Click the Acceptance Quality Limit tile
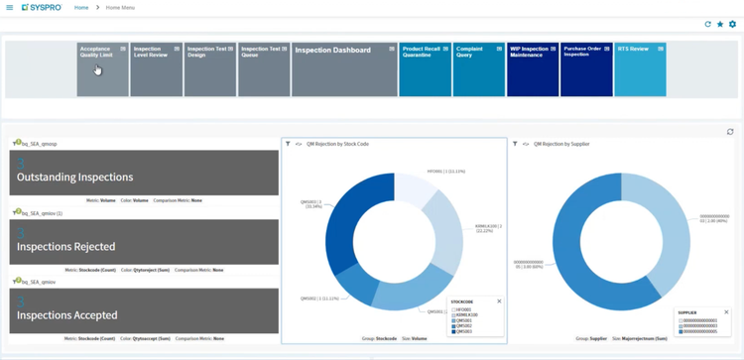103,69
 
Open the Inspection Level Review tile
156,69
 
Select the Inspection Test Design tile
209,69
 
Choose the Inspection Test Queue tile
263,69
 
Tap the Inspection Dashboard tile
344,69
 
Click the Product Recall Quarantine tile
425,69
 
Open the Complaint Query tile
478,69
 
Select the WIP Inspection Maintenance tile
533,69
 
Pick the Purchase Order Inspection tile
586,69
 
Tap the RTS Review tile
640,69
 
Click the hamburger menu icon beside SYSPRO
10,8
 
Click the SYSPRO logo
42,8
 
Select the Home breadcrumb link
81,8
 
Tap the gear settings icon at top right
733,24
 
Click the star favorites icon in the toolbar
720,24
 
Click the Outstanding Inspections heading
74,178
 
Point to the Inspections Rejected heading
66,247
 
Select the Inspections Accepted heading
67,315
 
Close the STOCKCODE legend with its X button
499,301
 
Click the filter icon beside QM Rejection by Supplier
515,144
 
